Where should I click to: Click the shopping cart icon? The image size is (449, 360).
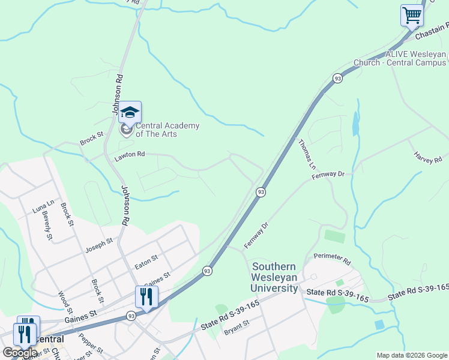pyautogui.click(x=412, y=15)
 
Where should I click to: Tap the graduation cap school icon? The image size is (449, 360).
pyautogui.click(x=130, y=112)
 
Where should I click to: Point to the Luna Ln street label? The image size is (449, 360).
pyautogui.click(x=40, y=207)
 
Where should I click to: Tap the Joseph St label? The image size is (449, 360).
pyautogui.click(x=98, y=244)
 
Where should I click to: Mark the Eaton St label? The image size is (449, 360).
pyautogui.click(x=146, y=259)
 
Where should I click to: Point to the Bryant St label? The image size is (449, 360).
pyautogui.click(x=236, y=327)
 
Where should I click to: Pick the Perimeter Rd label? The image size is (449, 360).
pyautogui.click(x=332, y=259)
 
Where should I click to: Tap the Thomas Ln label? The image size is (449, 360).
pyautogui.click(x=307, y=154)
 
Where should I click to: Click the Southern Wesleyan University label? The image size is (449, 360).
pyautogui.click(x=276, y=277)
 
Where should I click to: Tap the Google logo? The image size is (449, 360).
pyautogui.click(x=20, y=353)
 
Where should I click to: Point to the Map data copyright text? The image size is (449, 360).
pyautogui.click(x=411, y=355)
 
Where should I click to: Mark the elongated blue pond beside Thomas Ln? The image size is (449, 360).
pyautogui.click(x=356, y=124)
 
